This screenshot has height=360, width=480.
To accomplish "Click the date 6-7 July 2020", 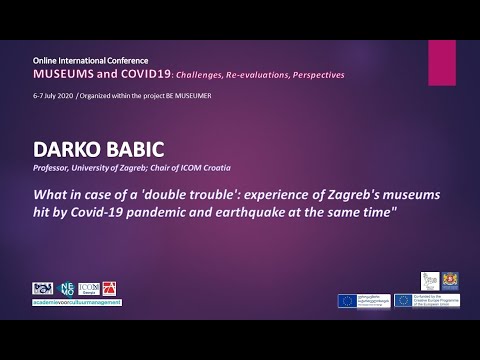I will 53,94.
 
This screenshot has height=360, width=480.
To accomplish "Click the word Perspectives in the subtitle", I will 314,75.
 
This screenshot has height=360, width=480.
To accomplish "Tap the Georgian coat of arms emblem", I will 455,282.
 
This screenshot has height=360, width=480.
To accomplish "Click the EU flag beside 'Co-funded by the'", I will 406,299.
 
